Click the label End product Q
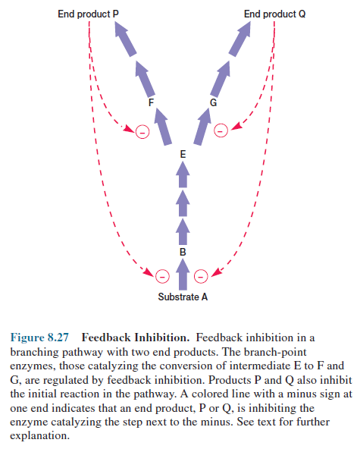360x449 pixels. [x=275, y=14]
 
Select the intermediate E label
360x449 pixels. [x=182, y=154]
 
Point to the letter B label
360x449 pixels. [x=182, y=250]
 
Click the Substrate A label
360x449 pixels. [x=182, y=296]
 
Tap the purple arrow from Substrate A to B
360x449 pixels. [x=182, y=271]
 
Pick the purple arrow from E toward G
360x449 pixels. [x=202, y=127]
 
